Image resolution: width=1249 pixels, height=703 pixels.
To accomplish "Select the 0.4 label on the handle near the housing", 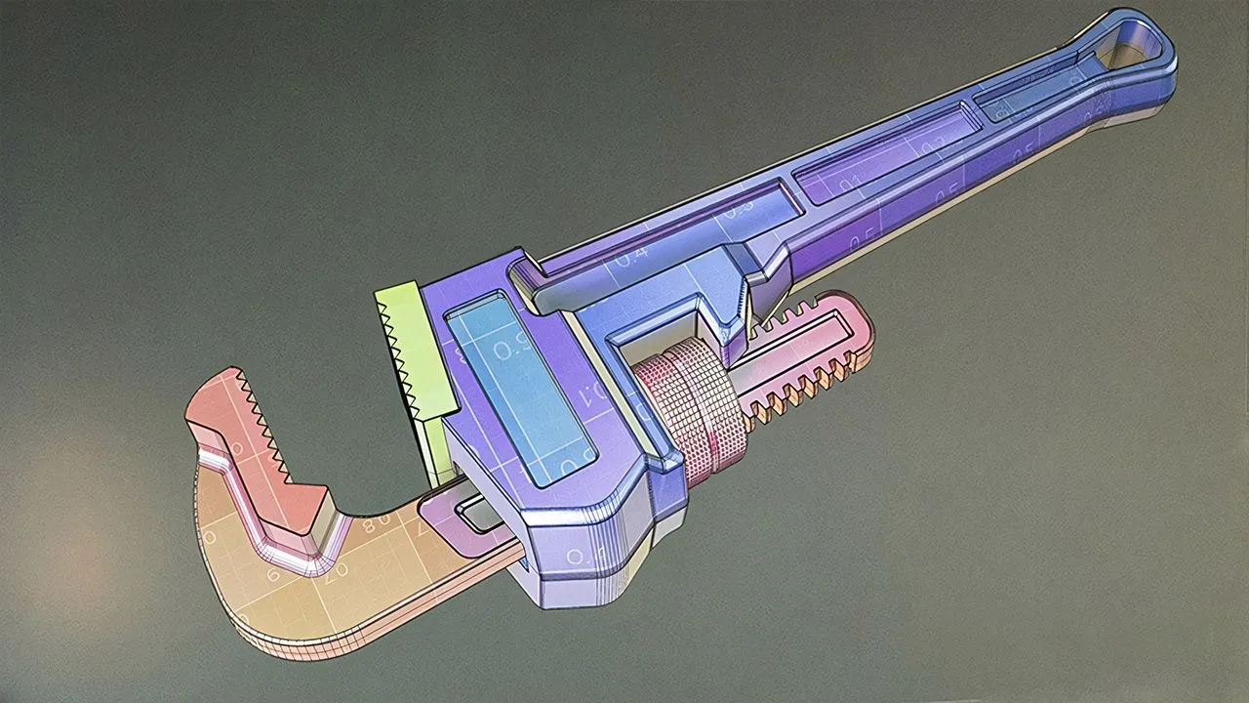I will point(629,255).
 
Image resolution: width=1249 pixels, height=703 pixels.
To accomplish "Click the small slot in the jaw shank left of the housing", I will point(473,513).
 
